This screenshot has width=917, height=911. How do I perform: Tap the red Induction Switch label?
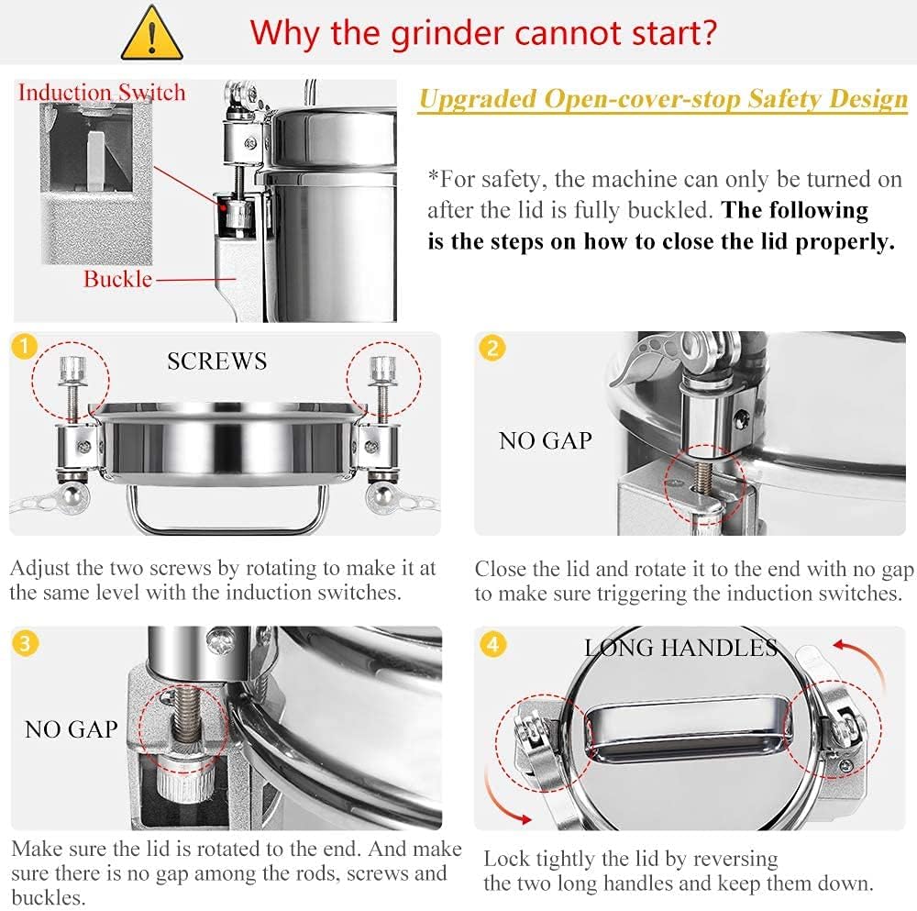102,92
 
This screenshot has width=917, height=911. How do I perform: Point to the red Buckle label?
117,279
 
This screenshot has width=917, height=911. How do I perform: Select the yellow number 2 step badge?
493,349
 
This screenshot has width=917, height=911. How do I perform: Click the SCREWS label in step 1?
217,361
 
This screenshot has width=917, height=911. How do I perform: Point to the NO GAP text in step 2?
546,440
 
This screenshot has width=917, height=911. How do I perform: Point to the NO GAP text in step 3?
72,729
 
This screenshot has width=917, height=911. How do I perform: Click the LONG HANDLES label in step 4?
680,648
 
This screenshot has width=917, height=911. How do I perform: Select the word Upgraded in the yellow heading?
475,99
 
